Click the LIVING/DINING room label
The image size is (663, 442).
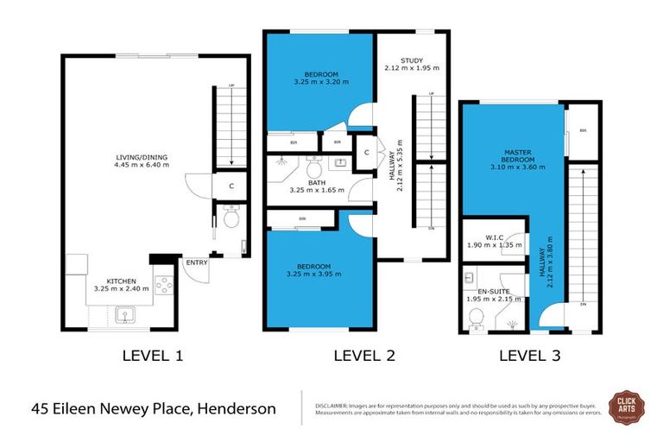pyautogui.click(x=142, y=156)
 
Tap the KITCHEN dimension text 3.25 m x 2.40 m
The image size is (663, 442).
pyautogui.click(x=122, y=289)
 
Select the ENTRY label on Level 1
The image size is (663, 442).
pyautogui.click(x=196, y=262)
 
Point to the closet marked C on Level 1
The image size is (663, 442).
pyautogui.click(x=231, y=185)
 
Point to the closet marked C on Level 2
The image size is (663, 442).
pyautogui.click(x=367, y=153)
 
